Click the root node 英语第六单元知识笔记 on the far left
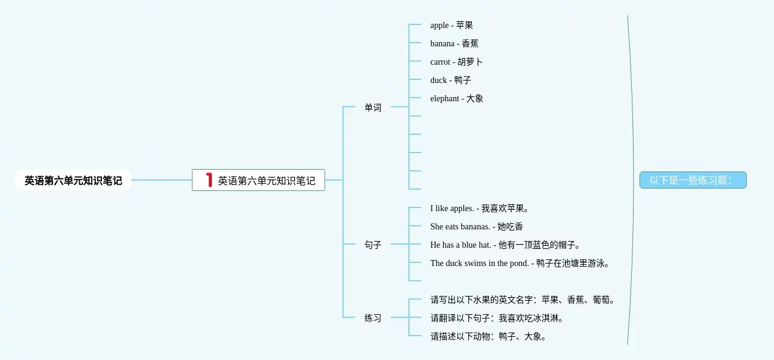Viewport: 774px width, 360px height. pyautogui.click(x=73, y=181)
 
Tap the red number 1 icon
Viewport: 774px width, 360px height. pyautogui.click(x=209, y=180)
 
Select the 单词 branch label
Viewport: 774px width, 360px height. pyautogui.click(x=373, y=107)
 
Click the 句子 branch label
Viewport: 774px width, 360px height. pyautogui.click(x=373, y=245)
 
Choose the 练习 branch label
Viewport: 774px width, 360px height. pyautogui.click(x=373, y=318)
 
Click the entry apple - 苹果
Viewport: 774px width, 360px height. pyautogui.click(x=451, y=25)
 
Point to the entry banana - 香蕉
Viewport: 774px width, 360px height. pyautogui.click(x=454, y=43)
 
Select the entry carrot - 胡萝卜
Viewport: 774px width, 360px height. pyautogui.click(x=457, y=62)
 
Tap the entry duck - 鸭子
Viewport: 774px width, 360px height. pyautogui.click(x=450, y=80)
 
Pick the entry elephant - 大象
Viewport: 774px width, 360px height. pyautogui.click(x=457, y=98)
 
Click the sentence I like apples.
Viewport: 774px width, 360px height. pyautogui.click(x=479, y=208)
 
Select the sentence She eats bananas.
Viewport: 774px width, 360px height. pyautogui.click(x=476, y=226)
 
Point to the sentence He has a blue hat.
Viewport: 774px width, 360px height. pyautogui.click(x=505, y=245)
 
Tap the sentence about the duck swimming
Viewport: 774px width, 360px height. pyautogui.click(x=520, y=263)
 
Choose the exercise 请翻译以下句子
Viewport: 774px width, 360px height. pyautogui.click(x=497, y=318)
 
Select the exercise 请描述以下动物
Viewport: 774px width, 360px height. pyautogui.click(x=489, y=336)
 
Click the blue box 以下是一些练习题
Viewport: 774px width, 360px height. pyautogui.click(x=693, y=180)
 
